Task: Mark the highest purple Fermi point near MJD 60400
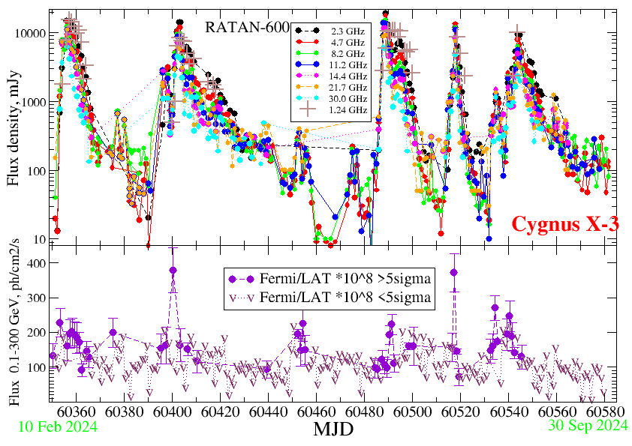coord(173,270)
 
